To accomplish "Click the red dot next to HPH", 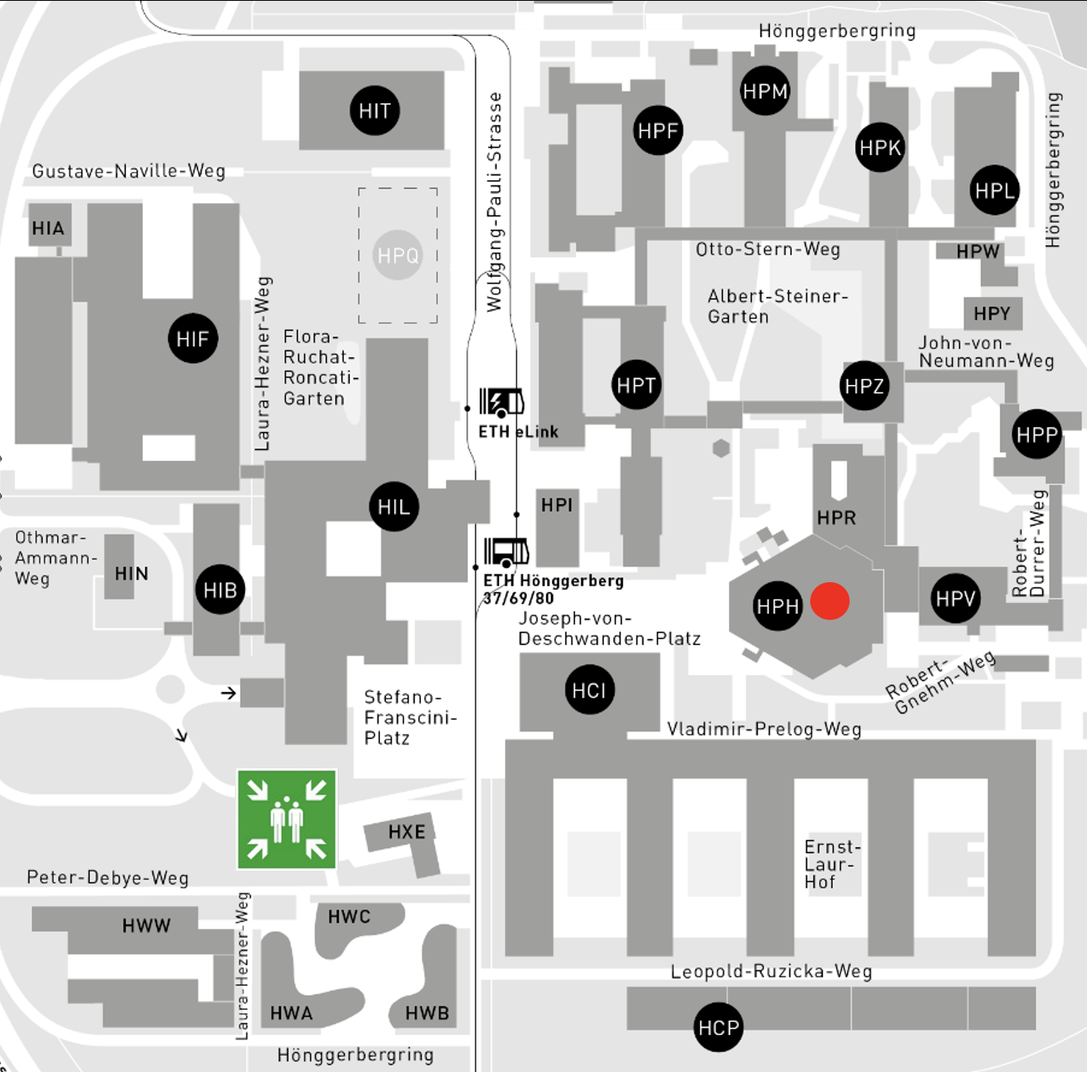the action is click(x=830, y=601).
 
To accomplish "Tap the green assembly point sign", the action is click(x=287, y=820).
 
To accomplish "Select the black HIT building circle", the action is click(x=375, y=111).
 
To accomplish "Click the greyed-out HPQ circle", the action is click(x=398, y=255).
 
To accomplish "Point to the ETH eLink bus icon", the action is click(x=502, y=402).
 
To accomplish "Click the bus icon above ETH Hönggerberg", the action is click(x=506, y=552).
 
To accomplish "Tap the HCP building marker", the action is click(x=718, y=1028).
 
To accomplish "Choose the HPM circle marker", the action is click(x=765, y=91).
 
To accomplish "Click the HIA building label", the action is click(x=48, y=228).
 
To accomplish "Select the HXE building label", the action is click(x=407, y=831).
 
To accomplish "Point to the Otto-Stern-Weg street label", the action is click(x=767, y=249).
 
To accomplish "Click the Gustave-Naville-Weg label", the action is click(x=128, y=170).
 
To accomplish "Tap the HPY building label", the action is click(x=992, y=313).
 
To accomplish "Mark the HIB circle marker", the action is click(x=220, y=591).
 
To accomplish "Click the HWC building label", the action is click(x=349, y=916).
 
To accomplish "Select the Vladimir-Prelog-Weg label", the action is click(x=764, y=729).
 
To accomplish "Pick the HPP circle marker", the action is click(x=1037, y=435).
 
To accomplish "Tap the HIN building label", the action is click(x=132, y=574).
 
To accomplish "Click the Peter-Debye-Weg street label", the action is click(x=107, y=877).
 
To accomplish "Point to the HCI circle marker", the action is click(x=589, y=690).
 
